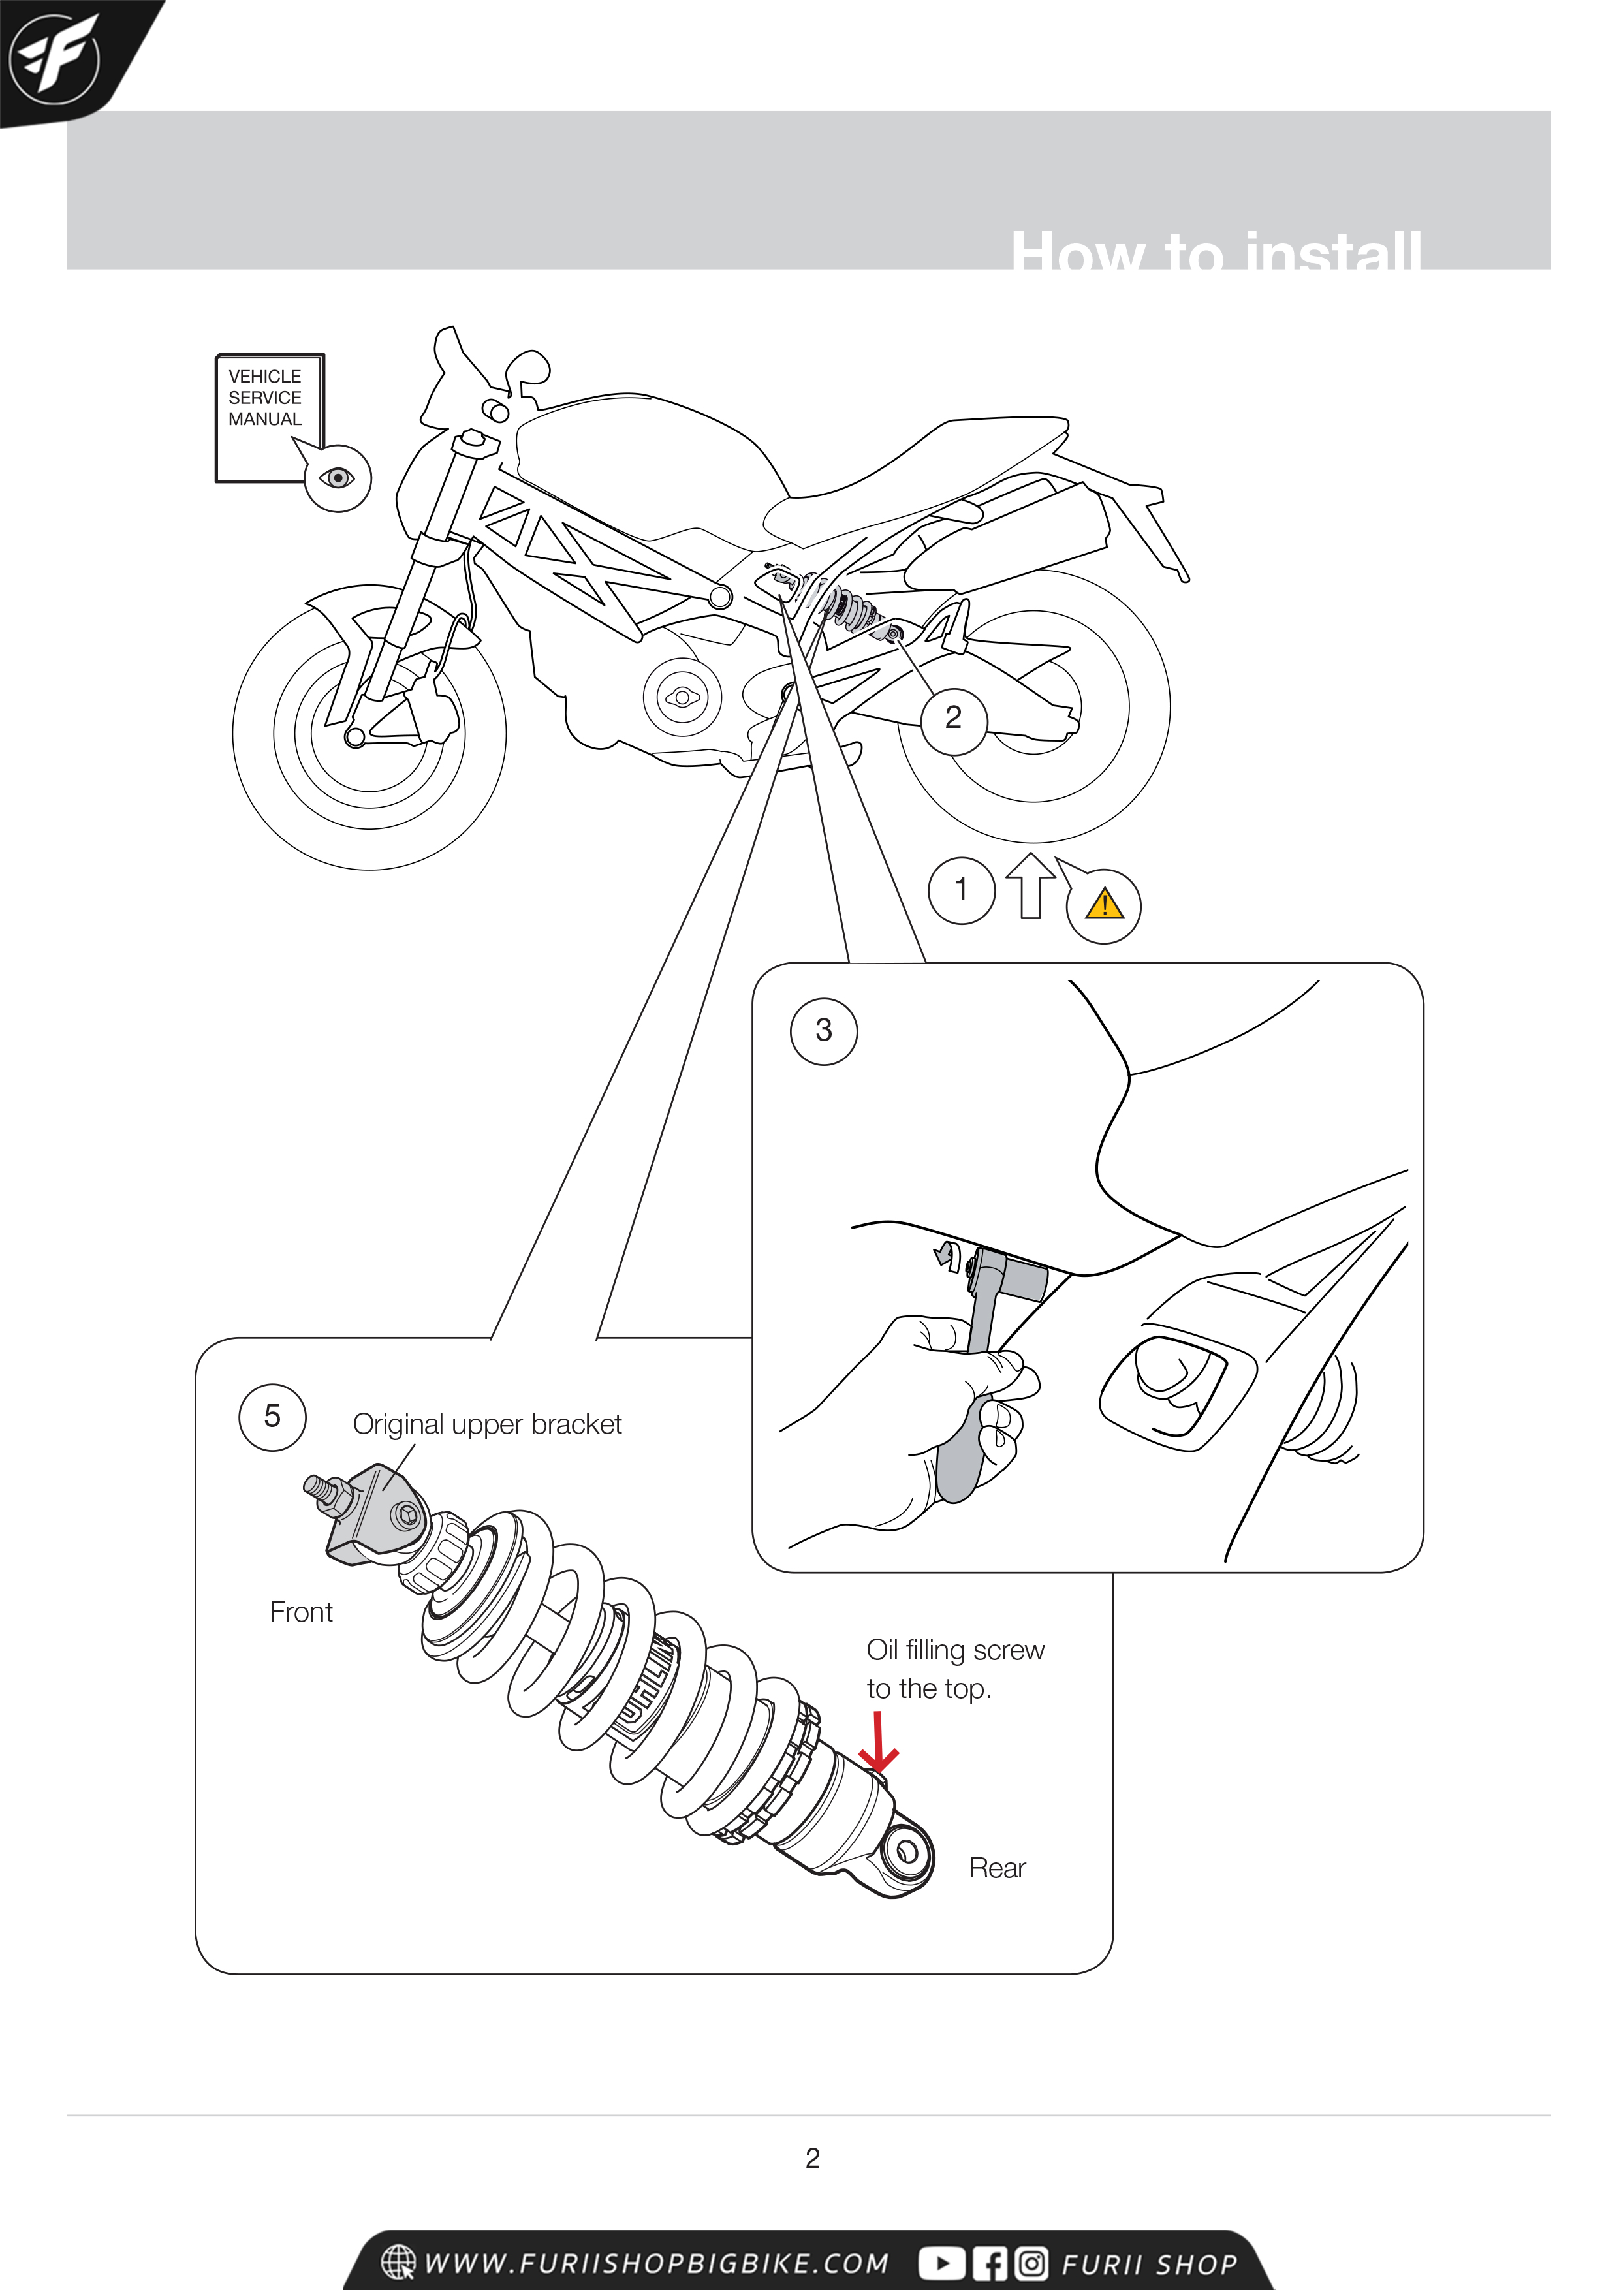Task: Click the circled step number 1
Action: click(x=960, y=890)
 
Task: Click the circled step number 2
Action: click(x=952, y=717)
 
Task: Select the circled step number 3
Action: click(x=823, y=1030)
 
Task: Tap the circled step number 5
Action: click(x=272, y=1417)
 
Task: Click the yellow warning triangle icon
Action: click(x=1105, y=905)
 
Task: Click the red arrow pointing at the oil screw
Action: click(x=878, y=1744)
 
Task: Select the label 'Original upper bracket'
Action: click(x=487, y=1424)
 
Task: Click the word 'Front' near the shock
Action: click(x=301, y=1613)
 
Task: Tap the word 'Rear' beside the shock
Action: click(x=997, y=1868)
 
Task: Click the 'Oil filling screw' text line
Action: click(x=954, y=1651)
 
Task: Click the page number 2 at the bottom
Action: click(x=812, y=2158)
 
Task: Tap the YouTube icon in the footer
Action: click(x=941, y=2264)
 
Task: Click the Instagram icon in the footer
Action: click(x=1031, y=2264)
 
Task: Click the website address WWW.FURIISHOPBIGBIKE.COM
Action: click(x=655, y=2264)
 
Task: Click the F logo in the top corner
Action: click(x=55, y=58)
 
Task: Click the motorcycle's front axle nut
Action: click(x=354, y=737)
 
